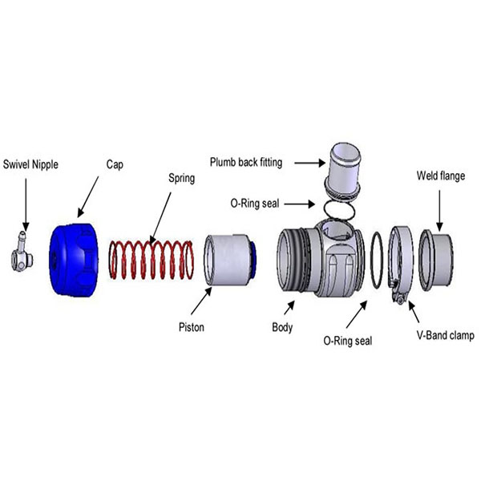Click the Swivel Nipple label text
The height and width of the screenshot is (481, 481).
(30, 164)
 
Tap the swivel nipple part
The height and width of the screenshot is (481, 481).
(22, 253)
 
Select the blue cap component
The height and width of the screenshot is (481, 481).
(74, 260)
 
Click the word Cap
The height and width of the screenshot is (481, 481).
(115, 164)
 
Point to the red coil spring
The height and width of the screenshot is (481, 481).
(152, 260)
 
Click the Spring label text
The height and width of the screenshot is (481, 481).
(182, 178)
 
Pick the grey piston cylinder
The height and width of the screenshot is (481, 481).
(228, 260)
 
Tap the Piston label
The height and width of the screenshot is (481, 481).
(192, 327)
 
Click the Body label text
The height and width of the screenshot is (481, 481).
(282, 327)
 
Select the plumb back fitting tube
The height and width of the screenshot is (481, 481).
(343, 172)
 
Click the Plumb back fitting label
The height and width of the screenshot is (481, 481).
(246, 162)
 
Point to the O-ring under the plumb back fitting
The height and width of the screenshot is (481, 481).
(340, 209)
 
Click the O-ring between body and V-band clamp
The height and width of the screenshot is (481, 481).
(377, 260)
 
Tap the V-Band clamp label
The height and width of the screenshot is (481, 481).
(446, 335)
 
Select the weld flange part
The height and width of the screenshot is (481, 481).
(436, 260)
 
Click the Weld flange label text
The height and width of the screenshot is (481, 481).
(440, 176)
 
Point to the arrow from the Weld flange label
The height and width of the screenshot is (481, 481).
(439, 211)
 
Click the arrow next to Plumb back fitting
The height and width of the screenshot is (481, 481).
(309, 163)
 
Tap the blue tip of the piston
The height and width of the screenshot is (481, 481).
(253, 260)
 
